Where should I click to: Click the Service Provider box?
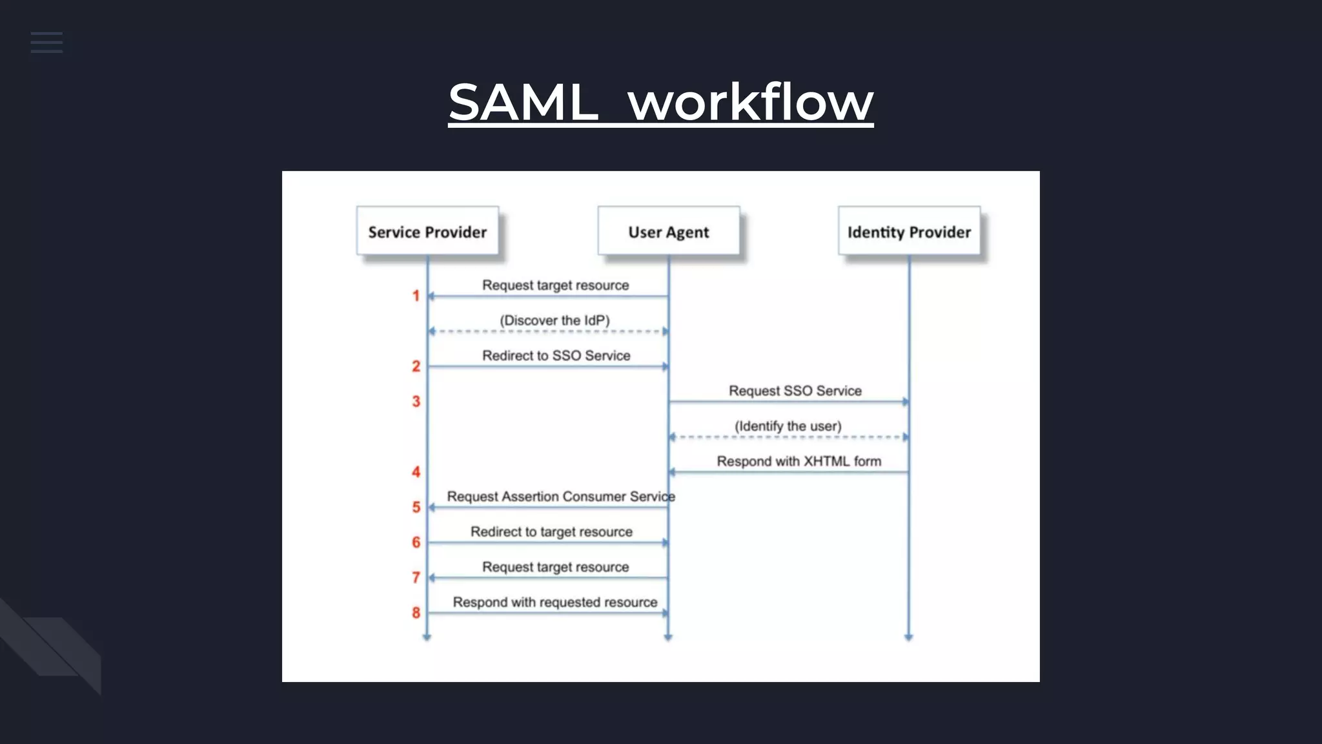pos(427,231)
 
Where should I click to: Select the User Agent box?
pos(668,231)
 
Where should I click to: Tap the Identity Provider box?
pos(909,231)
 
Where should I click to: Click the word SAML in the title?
pos(523,101)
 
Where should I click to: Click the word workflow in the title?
pos(750,101)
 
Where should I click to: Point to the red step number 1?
pos(416,296)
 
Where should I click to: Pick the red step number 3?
pos(416,402)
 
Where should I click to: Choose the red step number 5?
pos(416,508)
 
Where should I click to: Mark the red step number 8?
pos(416,613)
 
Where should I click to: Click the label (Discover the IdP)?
pos(554,320)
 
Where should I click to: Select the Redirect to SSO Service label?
pos(556,355)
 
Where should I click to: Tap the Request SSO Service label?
pos(795,391)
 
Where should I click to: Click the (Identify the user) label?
pos(788,426)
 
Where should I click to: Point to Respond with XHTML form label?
pos(798,461)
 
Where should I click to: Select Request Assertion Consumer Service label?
pos(560,496)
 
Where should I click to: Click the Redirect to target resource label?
pos(551,532)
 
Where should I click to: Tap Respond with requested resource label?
pos(554,602)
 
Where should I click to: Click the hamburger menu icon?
pos(46,43)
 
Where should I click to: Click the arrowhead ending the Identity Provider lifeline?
pos(908,637)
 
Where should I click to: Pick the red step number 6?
pos(416,542)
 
